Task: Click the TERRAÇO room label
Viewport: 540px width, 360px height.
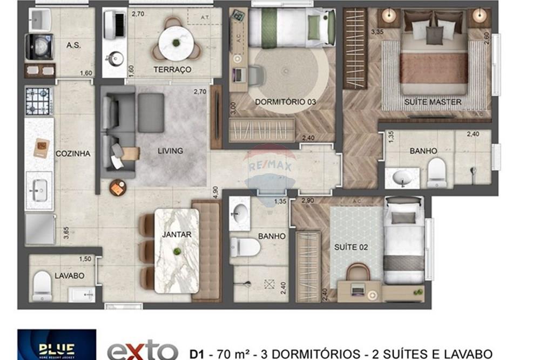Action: pyautogui.click(x=172, y=70)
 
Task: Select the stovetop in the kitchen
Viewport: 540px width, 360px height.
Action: pyautogui.click(x=38, y=101)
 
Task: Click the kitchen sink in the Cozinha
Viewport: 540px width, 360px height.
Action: pyautogui.click(x=39, y=190)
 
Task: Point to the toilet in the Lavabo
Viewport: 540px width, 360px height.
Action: pyautogui.click(x=42, y=286)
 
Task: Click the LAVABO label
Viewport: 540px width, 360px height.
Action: pyautogui.click(x=69, y=275)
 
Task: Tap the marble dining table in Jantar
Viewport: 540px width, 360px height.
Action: pyautogui.click(x=177, y=250)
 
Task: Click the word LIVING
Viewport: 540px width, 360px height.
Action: pyautogui.click(x=170, y=151)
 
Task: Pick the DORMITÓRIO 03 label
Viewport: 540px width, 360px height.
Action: pyautogui.click(x=277, y=101)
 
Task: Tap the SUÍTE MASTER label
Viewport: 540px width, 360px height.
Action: pyautogui.click(x=433, y=101)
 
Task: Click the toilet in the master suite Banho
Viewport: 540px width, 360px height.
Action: pyautogui.click(x=436, y=172)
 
